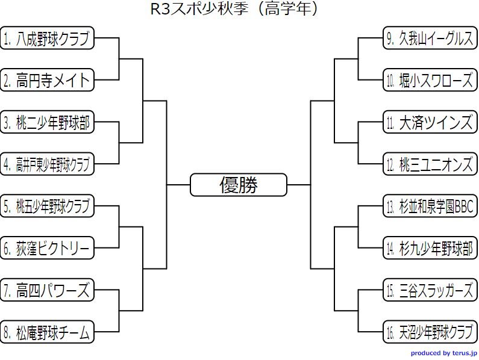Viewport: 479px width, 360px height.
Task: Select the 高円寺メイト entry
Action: (x=48, y=80)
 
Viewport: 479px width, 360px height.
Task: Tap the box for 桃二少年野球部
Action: (x=48, y=122)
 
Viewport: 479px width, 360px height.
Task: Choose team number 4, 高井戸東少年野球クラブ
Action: (x=48, y=164)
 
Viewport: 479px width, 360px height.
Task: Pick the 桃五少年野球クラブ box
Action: (x=48, y=206)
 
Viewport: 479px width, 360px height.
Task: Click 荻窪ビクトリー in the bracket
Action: (x=48, y=248)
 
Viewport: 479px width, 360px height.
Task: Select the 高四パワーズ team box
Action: (x=48, y=290)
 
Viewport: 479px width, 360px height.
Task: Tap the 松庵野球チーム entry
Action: (x=48, y=332)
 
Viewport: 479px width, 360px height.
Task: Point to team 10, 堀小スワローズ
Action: (x=430, y=80)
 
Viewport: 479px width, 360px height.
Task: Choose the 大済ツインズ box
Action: (x=430, y=122)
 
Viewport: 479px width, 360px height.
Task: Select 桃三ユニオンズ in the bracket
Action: (x=430, y=164)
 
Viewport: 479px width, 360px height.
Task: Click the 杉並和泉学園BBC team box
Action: (x=430, y=206)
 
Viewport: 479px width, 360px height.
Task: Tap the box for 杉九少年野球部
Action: (x=430, y=248)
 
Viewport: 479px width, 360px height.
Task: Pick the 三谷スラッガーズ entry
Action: (x=430, y=290)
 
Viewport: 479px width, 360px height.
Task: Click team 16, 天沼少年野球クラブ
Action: (x=430, y=332)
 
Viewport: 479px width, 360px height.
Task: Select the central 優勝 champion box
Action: (x=239, y=185)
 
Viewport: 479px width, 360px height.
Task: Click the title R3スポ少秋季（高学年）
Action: (x=234, y=9)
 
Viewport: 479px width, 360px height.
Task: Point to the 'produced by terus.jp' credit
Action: (x=444, y=353)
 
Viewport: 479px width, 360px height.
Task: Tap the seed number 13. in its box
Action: (x=391, y=206)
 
